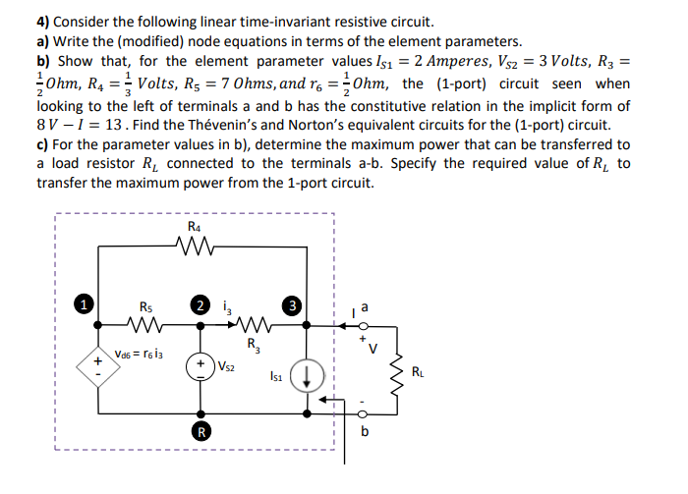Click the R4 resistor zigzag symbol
point(196,247)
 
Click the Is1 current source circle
point(304,373)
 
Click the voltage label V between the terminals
point(374,343)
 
